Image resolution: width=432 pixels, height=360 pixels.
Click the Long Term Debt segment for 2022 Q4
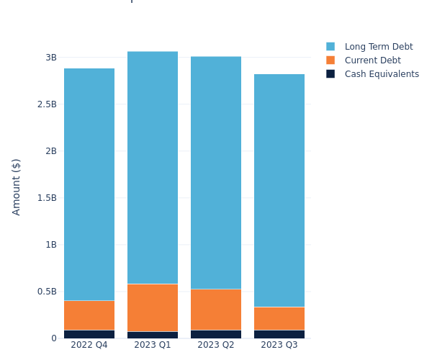tap(89, 184)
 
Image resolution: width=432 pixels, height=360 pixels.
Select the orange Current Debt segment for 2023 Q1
tap(153, 307)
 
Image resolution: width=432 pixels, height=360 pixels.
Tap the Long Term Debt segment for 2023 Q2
tap(216, 173)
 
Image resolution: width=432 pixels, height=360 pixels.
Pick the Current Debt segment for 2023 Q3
tap(279, 318)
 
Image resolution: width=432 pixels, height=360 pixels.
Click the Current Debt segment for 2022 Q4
tap(89, 315)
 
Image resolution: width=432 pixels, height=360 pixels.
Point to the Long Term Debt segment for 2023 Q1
tap(153, 167)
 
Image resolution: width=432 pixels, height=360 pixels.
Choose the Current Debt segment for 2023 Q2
tap(216, 310)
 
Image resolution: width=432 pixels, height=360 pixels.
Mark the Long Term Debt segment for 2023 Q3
tap(279, 190)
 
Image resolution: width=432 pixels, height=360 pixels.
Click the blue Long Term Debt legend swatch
tap(330, 47)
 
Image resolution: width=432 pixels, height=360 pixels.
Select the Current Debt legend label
tap(372, 60)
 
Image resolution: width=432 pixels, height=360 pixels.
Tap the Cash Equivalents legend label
tap(382, 74)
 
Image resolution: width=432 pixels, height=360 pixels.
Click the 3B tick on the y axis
tap(50, 58)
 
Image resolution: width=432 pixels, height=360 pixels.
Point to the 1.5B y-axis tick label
tap(47, 198)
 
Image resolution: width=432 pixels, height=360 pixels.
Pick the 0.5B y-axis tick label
tap(47, 292)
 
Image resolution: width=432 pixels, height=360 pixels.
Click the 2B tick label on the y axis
tap(50, 151)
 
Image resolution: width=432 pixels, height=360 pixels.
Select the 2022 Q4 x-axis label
tap(89, 345)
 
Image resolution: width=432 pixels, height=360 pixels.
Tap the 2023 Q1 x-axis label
tap(153, 345)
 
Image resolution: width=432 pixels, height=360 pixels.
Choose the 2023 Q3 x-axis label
tap(279, 345)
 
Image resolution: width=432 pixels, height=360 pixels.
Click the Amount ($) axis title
tap(17, 186)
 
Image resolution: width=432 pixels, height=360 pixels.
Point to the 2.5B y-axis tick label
tap(47, 104)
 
